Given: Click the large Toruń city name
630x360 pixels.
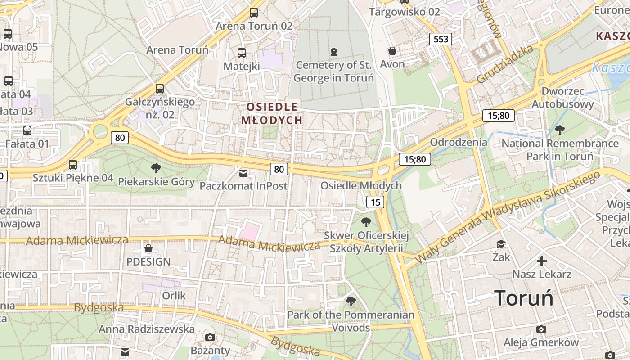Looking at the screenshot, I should click(524, 298).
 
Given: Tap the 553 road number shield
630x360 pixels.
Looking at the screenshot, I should click(441, 39).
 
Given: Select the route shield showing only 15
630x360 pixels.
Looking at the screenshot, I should click(375, 202).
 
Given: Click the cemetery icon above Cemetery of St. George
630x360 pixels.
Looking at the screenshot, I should click(333, 52).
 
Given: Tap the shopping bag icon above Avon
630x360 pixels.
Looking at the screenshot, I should click(392, 51).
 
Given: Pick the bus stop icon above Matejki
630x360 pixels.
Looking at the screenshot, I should click(242, 53).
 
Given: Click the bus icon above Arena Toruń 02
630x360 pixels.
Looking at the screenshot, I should click(254, 13).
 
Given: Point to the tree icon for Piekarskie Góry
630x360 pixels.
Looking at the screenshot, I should click(156, 169).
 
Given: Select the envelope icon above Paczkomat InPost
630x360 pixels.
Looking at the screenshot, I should click(243, 173).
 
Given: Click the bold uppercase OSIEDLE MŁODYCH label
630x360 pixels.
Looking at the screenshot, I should click(272, 113).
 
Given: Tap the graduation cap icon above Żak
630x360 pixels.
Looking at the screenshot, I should click(501, 244).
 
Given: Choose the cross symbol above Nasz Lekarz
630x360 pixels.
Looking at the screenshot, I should click(542, 261).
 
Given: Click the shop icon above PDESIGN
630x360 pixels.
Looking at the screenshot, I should click(148, 248).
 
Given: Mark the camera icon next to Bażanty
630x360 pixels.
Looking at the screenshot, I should click(210, 337).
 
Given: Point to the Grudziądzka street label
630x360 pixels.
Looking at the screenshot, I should click(504, 64).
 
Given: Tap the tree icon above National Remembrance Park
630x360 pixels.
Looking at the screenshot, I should click(560, 130).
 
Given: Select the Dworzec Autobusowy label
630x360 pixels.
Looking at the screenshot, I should click(562, 98).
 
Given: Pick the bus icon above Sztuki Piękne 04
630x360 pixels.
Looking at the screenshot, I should click(73, 165).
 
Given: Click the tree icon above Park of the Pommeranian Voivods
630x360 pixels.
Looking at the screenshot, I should click(351, 301).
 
